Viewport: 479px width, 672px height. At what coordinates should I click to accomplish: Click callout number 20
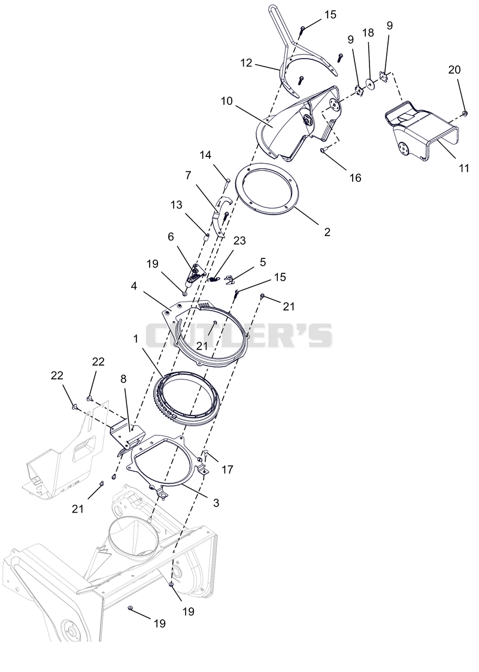[454, 69]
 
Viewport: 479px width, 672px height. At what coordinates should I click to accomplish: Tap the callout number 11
[464, 168]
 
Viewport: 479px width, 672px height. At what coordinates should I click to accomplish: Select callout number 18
[368, 33]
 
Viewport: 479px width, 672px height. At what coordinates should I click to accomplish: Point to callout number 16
[355, 177]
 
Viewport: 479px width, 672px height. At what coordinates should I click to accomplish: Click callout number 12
[246, 63]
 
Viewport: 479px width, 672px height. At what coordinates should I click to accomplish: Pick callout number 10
[227, 101]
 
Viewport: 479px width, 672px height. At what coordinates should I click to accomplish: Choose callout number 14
[205, 155]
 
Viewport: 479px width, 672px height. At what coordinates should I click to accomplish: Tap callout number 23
[239, 240]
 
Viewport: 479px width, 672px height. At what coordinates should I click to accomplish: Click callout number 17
[228, 469]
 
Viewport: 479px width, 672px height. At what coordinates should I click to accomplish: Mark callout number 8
[124, 379]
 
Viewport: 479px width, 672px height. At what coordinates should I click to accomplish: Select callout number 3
[216, 503]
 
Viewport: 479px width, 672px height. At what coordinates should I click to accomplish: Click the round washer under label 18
[369, 84]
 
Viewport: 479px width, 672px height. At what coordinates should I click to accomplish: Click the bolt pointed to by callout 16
[324, 149]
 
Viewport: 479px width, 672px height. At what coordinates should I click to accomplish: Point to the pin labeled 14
[227, 182]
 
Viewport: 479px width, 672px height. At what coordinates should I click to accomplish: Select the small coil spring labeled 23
[215, 279]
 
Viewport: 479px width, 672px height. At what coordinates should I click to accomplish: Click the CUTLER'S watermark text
[239, 335]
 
